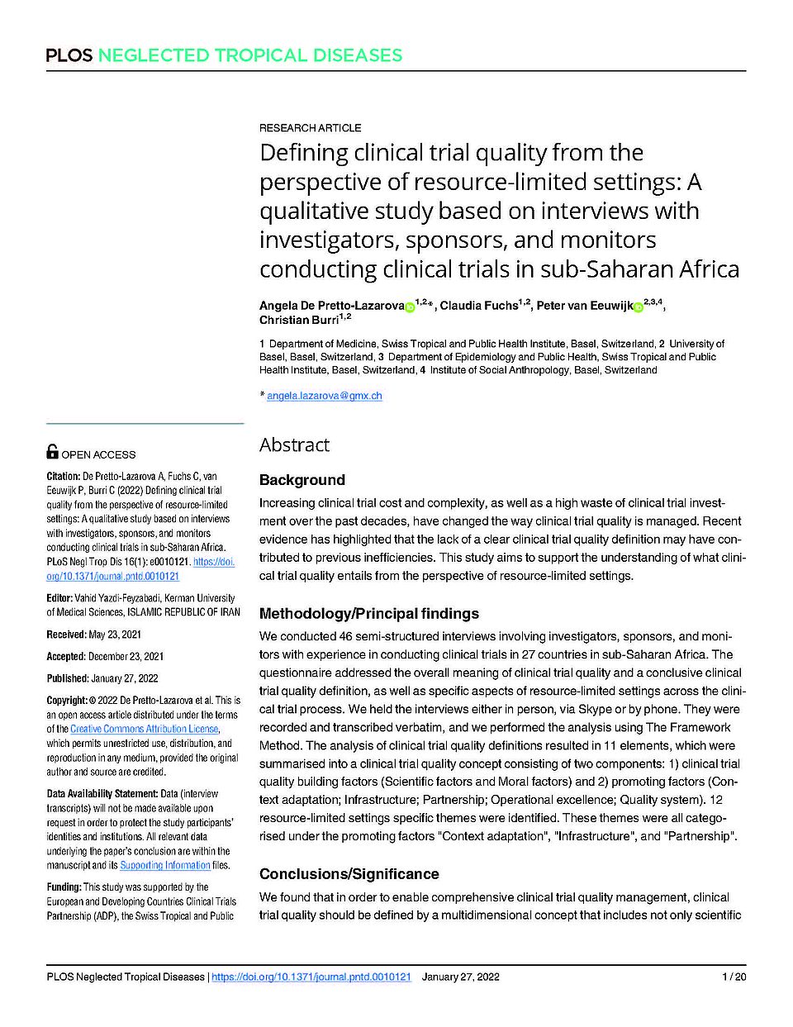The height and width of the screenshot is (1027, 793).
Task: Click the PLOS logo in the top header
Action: point(69,55)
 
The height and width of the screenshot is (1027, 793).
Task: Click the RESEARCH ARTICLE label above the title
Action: point(310,128)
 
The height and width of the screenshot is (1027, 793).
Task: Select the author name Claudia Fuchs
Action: point(478,306)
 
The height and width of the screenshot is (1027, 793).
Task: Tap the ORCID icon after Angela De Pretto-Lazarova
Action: point(410,307)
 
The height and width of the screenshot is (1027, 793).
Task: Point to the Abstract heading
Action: point(294,445)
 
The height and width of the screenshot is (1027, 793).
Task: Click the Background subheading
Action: point(301,480)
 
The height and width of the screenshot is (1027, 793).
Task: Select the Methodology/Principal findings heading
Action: point(368,614)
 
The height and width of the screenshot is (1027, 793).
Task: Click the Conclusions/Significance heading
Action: point(349,874)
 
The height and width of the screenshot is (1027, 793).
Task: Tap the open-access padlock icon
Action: point(52,451)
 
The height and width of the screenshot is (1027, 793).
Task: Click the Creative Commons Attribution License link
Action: point(144,729)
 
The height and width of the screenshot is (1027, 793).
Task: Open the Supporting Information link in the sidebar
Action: point(164,865)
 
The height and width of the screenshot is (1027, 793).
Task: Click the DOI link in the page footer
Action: point(311,977)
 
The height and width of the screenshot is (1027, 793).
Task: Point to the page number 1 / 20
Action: point(734,977)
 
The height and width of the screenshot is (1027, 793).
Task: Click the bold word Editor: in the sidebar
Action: point(61,598)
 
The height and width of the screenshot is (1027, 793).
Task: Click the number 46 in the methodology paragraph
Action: point(346,637)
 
